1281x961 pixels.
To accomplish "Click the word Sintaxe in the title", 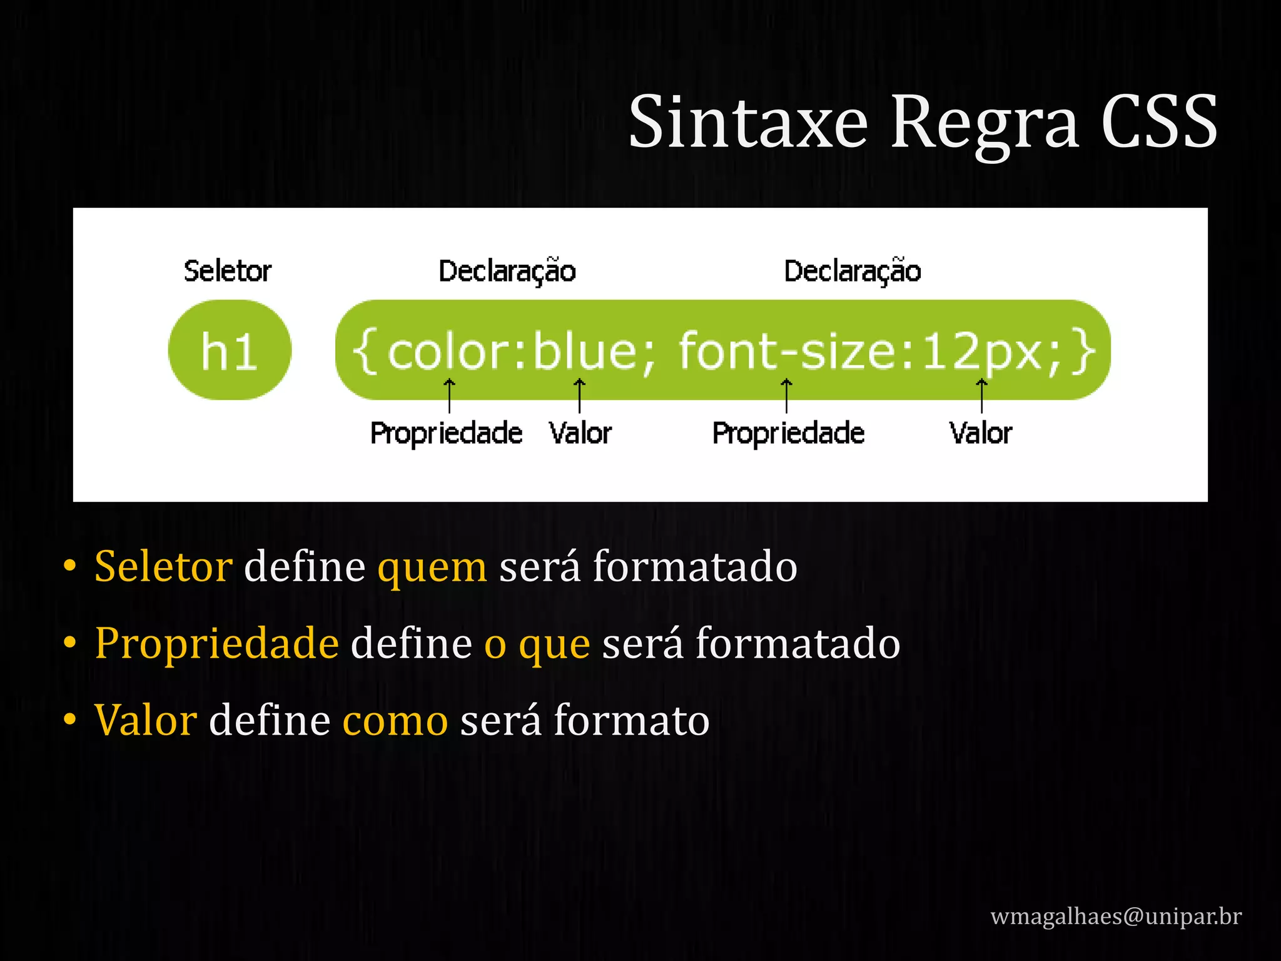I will [x=748, y=122].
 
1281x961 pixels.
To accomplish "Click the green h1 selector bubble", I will [x=230, y=350].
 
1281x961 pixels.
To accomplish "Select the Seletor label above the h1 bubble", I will [x=228, y=271].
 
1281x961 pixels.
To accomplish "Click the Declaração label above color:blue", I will [x=507, y=271].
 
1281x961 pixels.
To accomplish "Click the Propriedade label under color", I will [x=446, y=433].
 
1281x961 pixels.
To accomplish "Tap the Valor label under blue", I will [x=580, y=433].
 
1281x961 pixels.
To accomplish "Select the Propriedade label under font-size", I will [x=788, y=433].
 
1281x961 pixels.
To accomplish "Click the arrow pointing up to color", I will [x=449, y=395].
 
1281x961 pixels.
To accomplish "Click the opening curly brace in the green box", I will [x=365, y=352].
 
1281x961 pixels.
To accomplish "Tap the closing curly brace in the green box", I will [x=1083, y=352].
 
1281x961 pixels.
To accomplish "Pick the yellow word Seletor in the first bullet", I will [x=163, y=567].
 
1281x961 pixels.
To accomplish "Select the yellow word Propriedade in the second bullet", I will [x=217, y=644].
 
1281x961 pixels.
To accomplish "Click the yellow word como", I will [x=395, y=721].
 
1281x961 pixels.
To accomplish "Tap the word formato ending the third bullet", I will [x=631, y=721].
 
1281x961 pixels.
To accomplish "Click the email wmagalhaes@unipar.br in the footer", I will [x=1116, y=917].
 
